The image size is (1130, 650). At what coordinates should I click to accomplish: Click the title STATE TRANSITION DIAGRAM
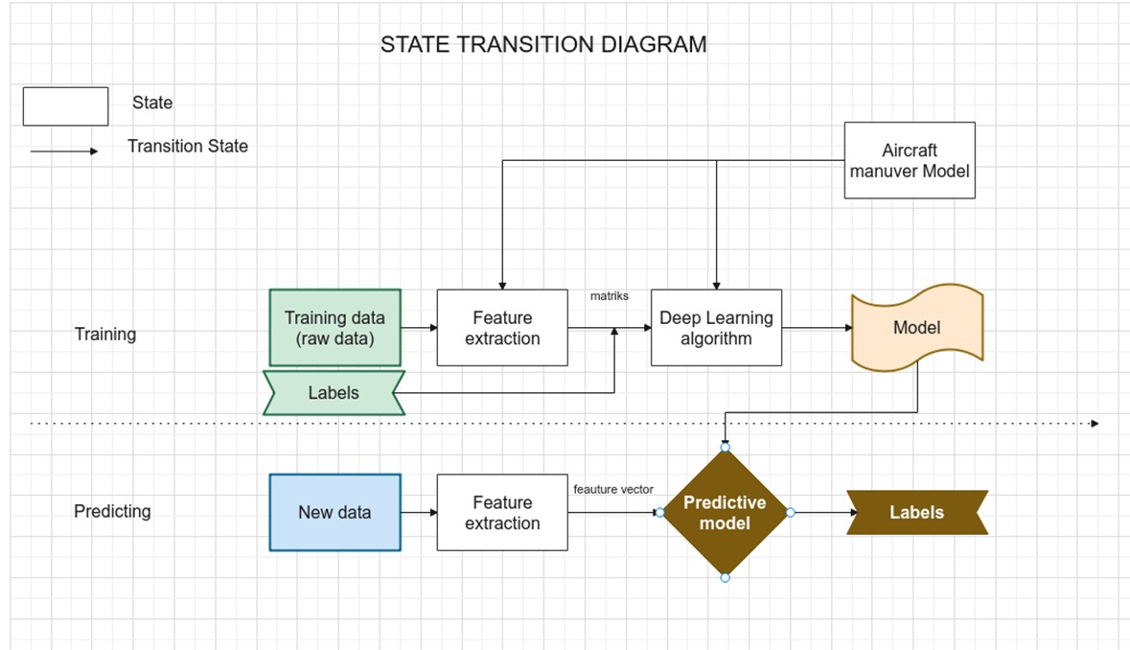[x=543, y=45]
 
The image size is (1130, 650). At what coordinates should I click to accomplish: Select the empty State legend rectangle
[x=65, y=106]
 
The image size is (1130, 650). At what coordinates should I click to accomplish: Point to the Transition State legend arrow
[x=63, y=151]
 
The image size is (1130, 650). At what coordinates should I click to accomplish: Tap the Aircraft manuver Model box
[x=910, y=160]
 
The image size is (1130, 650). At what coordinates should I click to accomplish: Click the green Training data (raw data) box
[x=334, y=328]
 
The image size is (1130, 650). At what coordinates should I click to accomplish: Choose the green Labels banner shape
[x=334, y=393]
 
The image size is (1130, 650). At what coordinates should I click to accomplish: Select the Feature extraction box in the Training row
[x=502, y=328]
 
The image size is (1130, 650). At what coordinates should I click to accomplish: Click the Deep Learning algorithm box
[x=716, y=328]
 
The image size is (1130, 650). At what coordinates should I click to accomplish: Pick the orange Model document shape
[x=917, y=328]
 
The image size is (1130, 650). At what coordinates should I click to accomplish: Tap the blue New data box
[x=334, y=512]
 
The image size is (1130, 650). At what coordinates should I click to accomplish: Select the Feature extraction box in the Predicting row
[x=502, y=512]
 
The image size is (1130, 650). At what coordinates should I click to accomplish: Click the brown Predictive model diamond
[x=725, y=513]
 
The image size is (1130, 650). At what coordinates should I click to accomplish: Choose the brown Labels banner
[x=916, y=512]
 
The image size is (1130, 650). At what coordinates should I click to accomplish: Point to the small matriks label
[x=610, y=296]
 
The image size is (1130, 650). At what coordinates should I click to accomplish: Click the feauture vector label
[x=613, y=489]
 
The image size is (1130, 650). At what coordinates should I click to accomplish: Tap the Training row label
[x=105, y=335]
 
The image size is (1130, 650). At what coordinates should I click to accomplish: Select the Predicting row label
[x=112, y=512]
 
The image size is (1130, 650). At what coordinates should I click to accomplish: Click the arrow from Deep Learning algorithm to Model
[x=817, y=328]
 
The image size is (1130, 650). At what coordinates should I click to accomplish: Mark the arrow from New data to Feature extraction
[x=419, y=513]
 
